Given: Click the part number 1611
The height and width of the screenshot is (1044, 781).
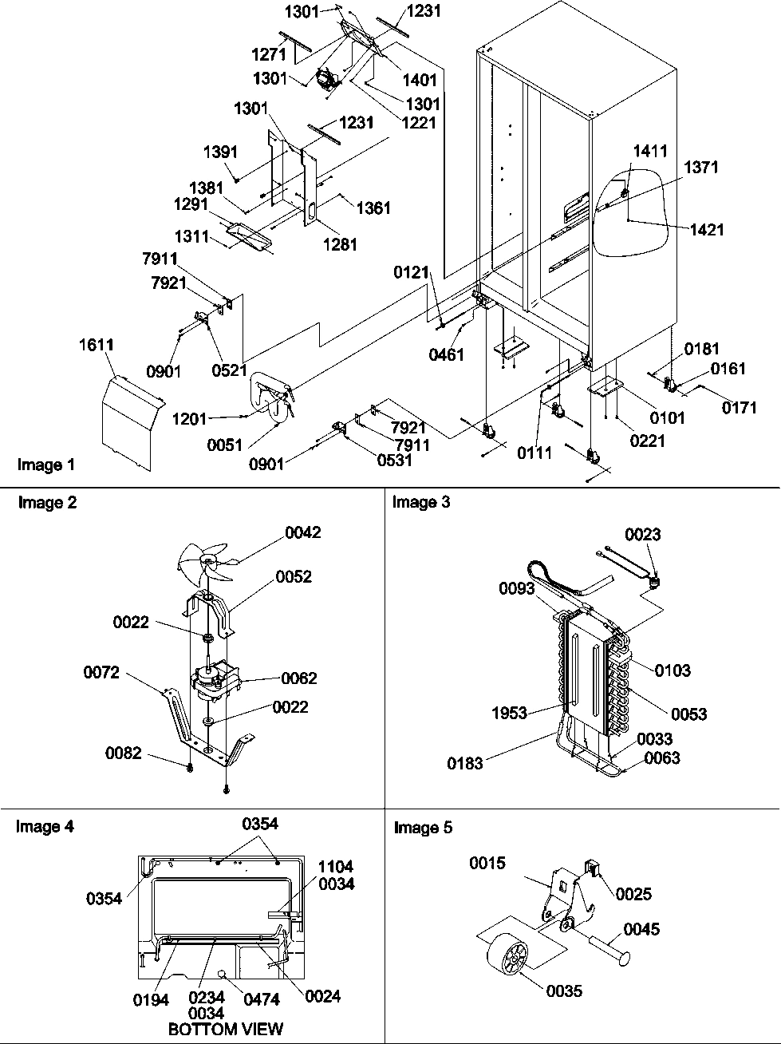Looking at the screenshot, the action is coord(96,345).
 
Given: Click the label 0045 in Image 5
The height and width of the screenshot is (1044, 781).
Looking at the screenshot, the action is coord(641,930).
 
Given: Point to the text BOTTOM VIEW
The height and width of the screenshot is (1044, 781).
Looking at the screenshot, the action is coord(225,1029).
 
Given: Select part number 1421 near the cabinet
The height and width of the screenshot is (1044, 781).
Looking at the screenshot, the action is coord(707,230).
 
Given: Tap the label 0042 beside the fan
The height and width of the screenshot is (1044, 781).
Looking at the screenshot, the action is coord(303,532).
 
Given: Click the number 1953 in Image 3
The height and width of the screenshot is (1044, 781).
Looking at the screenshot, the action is coord(509,713).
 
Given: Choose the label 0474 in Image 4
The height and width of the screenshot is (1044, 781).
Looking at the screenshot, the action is coord(261,998).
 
